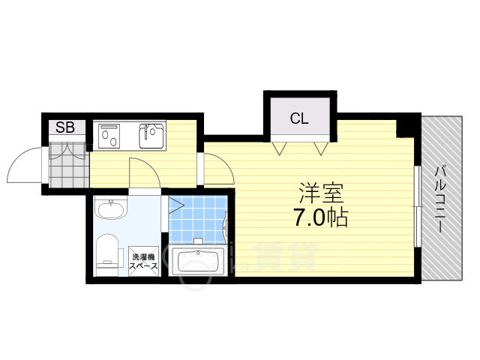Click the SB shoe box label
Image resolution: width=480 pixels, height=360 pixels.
click(65, 127)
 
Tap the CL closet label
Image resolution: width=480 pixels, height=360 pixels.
click(299, 118)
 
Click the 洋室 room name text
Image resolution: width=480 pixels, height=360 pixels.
click(321, 193)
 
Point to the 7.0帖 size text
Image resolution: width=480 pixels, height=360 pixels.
click(320, 217)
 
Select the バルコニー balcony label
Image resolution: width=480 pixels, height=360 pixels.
click(440, 199)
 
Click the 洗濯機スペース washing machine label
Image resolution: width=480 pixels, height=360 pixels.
click(144, 261)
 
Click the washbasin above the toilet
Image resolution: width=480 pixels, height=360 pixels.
click(110, 208)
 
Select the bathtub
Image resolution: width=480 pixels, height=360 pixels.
click(198, 259)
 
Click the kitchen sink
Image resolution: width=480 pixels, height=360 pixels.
click(151, 136)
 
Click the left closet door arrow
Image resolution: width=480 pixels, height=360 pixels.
click(280, 148)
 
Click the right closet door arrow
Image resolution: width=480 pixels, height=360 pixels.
click(321, 148)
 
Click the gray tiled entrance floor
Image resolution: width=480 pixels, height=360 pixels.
click(69, 165)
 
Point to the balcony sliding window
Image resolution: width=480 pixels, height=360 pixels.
click(417, 206)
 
